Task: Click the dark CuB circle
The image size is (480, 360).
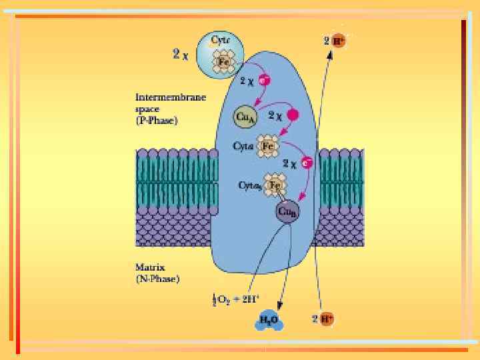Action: coord(287,212)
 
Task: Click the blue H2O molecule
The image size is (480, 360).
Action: coord(269,323)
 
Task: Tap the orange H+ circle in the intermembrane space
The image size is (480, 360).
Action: coord(339,40)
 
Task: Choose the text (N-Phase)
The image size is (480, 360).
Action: coord(157,279)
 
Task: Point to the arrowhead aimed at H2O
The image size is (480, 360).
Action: coord(275,307)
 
